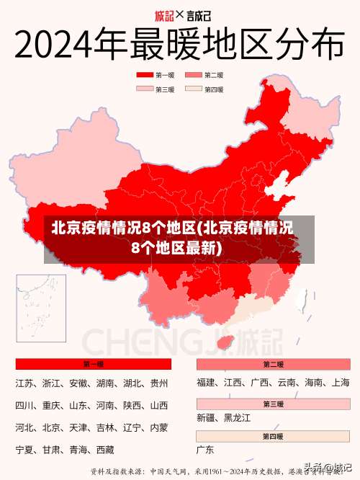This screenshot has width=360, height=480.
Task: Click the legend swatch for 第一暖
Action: point(145,75)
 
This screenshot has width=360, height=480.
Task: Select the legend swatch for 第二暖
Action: point(193,75)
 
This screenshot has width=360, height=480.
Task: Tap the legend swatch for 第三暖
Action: point(145,89)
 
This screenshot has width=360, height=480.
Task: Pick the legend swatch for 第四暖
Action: point(193,89)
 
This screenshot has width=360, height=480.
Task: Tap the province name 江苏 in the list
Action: point(24,383)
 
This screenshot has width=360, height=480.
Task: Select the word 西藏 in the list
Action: point(105,450)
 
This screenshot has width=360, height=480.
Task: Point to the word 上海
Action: point(340,383)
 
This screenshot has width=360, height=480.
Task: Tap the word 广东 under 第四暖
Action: point(206,450)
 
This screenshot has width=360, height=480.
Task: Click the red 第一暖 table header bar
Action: point(93,364)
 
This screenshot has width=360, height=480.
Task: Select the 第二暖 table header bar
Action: point(273,364)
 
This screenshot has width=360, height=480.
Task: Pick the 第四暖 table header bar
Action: point(273,436)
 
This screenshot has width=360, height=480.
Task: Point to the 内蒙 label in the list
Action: point(158,427)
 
